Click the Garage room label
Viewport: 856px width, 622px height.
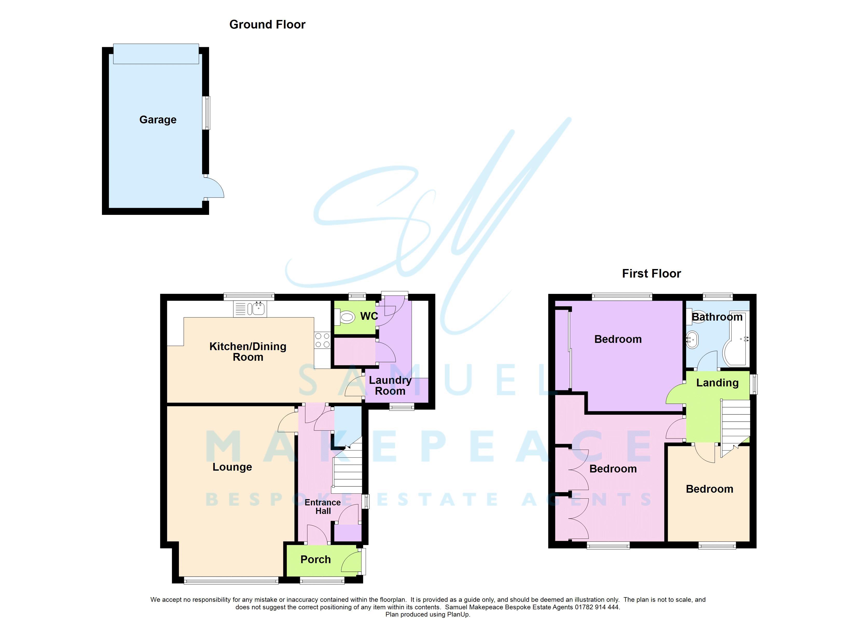coord(158,120)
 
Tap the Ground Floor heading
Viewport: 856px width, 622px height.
coord(267,25)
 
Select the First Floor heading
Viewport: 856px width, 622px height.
coord(651,273)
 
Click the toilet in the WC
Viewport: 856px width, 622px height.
coord(344,317)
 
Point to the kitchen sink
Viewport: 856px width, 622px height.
coord(250,309)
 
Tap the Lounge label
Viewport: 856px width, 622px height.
coord(232,467)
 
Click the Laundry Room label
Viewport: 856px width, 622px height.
coord(390,385)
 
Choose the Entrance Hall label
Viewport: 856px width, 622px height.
coord(323,507)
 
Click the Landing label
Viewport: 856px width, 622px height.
coord(717,383)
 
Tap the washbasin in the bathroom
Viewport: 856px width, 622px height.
coord(693,340)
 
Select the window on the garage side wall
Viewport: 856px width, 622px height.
coord(206,113)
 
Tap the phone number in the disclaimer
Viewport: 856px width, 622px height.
coord(597,607)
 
